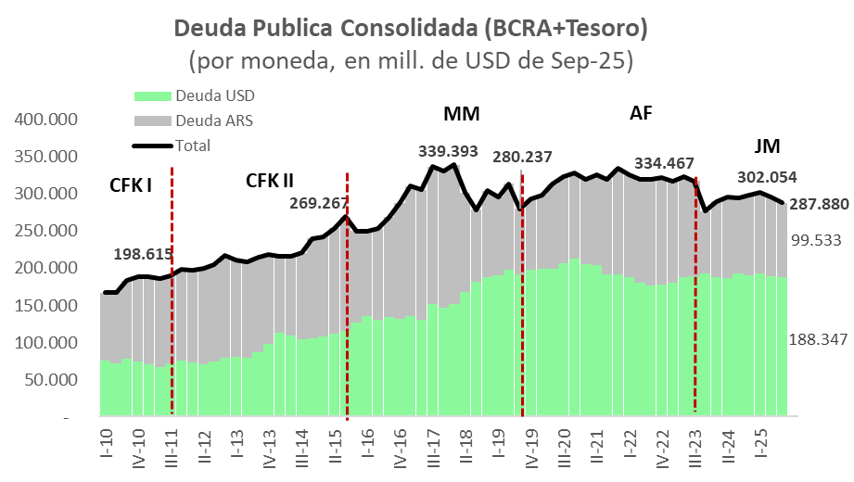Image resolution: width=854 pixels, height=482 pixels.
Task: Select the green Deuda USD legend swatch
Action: pyautogui.click(x=153, y=96)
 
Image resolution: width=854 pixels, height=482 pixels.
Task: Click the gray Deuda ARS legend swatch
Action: pyautogui.click(x=153, y=120)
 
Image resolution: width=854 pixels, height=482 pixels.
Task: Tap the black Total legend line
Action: pyautogui.click(x=153, y=146)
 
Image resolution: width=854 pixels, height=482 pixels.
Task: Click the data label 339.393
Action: pyautogui.click(x=450, y=150)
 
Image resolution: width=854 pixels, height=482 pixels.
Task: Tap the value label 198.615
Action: pyautogui.click(x=145, y=254)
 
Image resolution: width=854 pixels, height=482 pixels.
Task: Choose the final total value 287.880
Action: pyautogui.click(x=818, y=204)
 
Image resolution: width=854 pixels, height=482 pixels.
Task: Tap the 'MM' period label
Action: pyautogui.click(x=461, y=115)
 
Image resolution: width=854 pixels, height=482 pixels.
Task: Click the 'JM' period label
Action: pyautogui.click(x=767, y=146)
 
